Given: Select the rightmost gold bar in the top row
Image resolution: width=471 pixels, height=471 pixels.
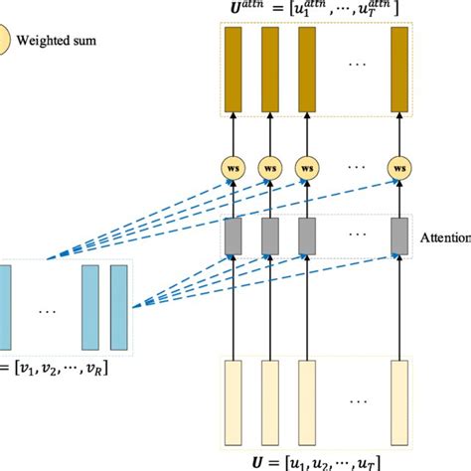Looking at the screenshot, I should click(399, 68).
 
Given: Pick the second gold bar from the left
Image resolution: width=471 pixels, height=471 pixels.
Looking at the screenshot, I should click(268, 68).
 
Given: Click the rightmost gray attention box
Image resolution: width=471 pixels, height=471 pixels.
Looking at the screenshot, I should click(399, 235).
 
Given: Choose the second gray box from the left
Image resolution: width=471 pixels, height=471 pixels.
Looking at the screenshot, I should click(268, 235).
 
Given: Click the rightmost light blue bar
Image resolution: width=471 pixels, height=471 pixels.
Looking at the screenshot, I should click(120, 307).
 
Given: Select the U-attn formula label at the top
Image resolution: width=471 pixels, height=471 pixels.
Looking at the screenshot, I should click(317, 8).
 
